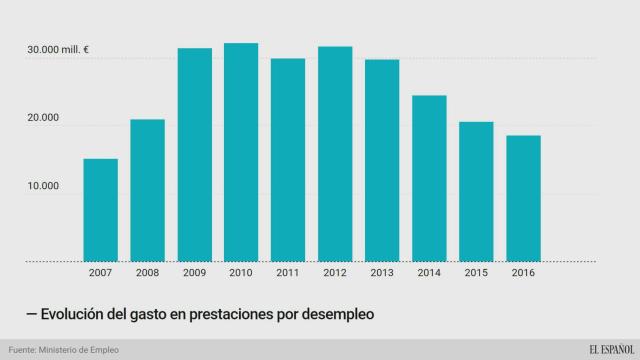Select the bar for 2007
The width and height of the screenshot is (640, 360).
point(100,210)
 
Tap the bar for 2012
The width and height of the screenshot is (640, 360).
point(335,154)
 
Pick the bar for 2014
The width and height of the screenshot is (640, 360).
point(429,178)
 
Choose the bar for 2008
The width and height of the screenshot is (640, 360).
point(147,190)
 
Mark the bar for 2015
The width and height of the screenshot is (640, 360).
point(476,191)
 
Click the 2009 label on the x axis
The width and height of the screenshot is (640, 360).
point(194,271)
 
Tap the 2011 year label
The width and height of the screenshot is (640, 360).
point(288,271)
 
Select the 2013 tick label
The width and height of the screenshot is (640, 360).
point(382,271)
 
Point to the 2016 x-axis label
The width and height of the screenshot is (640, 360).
point(523,271)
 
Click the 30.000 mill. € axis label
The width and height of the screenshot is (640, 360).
point(59,50)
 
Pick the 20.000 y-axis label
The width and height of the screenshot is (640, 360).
point(44,118)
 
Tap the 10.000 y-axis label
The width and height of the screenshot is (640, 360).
point(44,186)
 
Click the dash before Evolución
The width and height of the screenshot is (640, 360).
point(33,314)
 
